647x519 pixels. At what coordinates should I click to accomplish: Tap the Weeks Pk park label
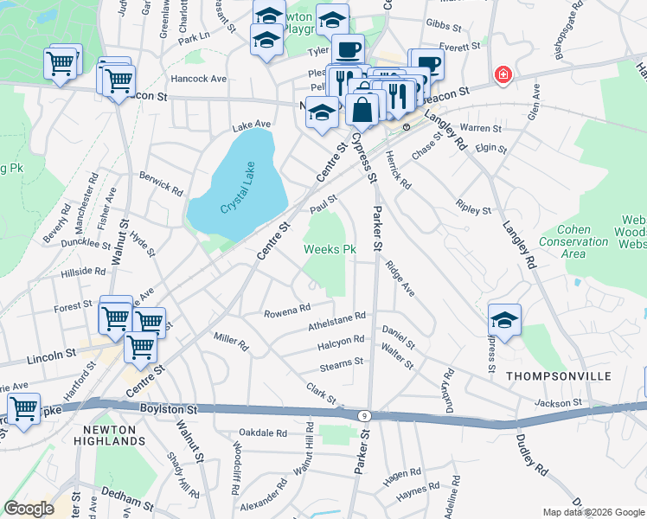point(330,250)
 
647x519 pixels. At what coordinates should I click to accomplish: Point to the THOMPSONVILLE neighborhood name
point(558,376)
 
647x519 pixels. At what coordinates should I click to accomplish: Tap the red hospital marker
point(502,76)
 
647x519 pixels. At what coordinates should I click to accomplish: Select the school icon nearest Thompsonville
point(504,319)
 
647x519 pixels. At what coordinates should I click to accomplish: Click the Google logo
point(29,509)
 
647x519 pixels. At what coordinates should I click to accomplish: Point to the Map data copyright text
point(593,512)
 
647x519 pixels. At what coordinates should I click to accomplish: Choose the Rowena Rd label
point(287,311)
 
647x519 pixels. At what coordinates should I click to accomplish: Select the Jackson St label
point(557,403)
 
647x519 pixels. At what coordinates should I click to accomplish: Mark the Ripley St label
point(474,210)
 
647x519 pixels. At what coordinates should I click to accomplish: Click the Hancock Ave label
point(198,79)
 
